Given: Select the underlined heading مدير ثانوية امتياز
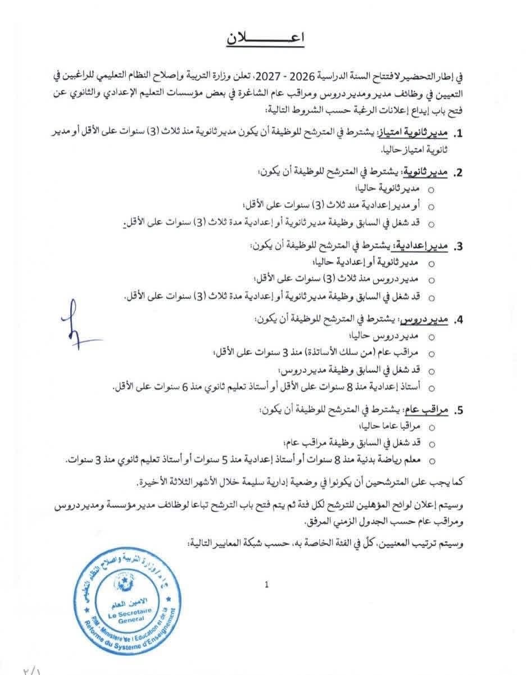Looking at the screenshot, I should pyautogui.click(x=423, y=133).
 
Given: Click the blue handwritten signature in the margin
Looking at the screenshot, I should pyautogui.click(x=78, y=323).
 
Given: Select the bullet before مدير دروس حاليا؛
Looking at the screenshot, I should pyautogui.click(x=432, y=337).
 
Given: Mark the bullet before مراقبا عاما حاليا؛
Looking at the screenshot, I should pyautogui.click(x=432, y=427).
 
